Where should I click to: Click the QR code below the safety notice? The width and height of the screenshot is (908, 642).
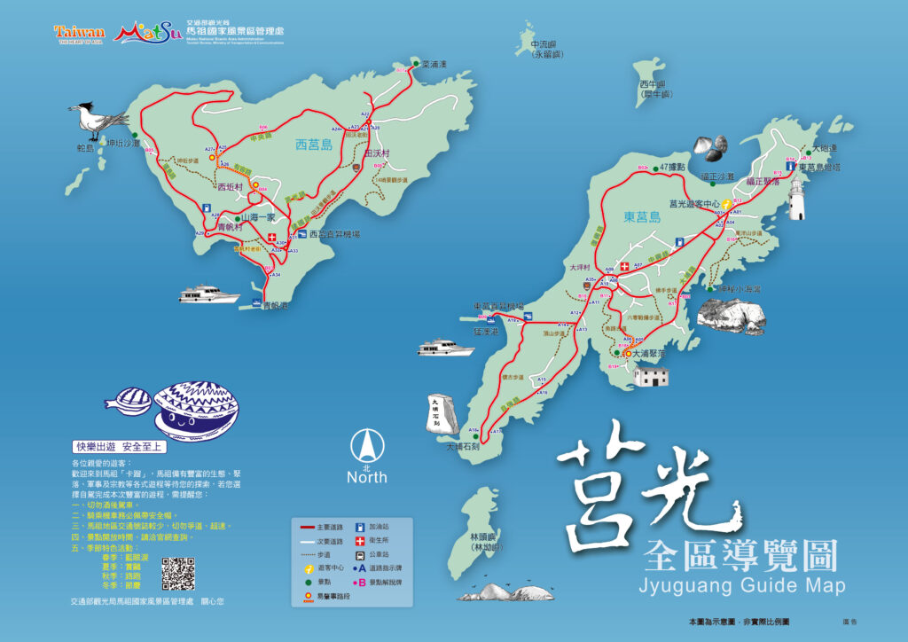tap(178, 574)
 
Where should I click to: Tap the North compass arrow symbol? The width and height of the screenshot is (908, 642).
tap(367, 444)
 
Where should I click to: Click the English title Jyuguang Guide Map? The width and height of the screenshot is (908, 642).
tap(741, 586)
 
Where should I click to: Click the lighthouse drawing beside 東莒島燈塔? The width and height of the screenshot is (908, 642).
tap(796, 198)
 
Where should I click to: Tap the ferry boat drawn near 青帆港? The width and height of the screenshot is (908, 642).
tap(208, 293)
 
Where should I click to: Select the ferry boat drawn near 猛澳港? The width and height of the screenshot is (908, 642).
tap(446, 347)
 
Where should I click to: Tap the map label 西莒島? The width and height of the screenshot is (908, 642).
tap(313, 144)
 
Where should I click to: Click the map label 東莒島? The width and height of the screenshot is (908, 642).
tap(641, 216)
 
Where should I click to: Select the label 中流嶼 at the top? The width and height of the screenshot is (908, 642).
tap(542, 44)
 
